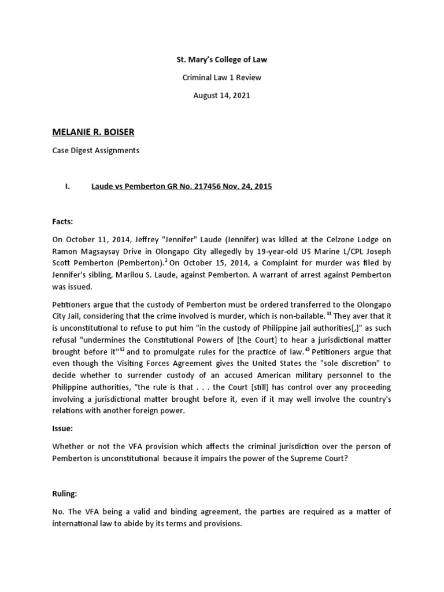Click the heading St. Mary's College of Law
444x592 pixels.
tap(222, 60)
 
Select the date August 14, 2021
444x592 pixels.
tap(222, 96)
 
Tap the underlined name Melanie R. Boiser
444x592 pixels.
tap(93, 132)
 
